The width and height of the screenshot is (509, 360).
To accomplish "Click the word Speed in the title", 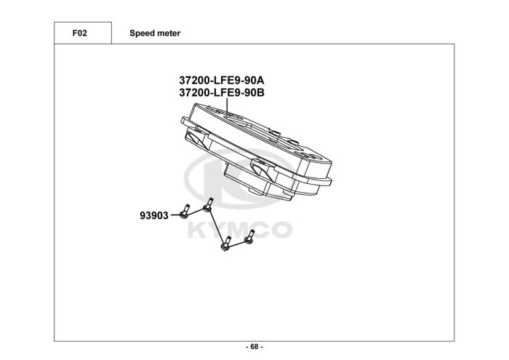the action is [141, 33].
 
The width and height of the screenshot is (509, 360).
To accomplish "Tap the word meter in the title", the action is [168, 33].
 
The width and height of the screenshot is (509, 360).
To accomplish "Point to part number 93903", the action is [154, 215].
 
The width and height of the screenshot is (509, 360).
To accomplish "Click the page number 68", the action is [254, 346].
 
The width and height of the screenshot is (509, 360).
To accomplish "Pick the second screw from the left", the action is [209, 204].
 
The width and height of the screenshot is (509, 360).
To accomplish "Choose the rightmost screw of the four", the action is [250, 236].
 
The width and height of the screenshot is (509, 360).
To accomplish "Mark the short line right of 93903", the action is [175, 215].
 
